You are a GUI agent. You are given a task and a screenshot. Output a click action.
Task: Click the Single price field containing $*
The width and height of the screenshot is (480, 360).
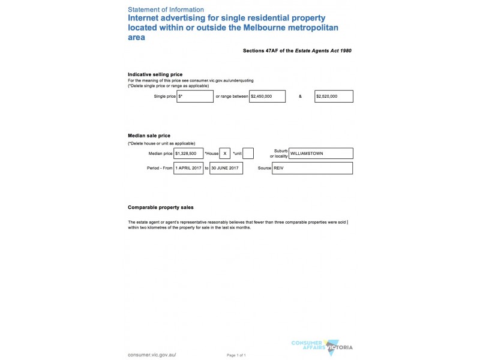pos(195,96)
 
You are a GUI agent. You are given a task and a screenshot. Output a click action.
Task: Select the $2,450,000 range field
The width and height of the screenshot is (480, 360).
pos(267,96)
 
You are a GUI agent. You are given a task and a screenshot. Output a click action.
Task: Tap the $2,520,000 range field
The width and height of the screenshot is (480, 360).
pos(334,96)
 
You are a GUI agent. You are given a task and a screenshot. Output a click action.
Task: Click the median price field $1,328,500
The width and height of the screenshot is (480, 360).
pos(188,154)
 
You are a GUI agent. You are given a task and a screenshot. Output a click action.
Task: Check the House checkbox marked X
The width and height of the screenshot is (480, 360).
pos(225,154)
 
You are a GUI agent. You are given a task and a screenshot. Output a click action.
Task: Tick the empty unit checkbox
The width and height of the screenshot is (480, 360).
pos(248,154)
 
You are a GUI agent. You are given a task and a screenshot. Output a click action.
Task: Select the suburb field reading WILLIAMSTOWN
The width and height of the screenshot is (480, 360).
pos(320,154)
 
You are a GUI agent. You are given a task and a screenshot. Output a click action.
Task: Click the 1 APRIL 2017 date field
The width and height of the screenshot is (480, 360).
pos(188,168)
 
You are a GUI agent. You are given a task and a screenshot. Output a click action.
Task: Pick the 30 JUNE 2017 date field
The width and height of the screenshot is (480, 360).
pos(226,168)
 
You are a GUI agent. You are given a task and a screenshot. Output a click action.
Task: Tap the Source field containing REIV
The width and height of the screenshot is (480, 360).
pos(312,168)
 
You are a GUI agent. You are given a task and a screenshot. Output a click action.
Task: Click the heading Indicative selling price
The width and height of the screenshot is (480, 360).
pos(155,74)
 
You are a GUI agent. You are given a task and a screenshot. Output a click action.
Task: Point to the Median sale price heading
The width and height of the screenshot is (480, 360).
pos(149,136)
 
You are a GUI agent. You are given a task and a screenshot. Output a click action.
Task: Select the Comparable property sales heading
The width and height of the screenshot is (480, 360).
pos(161,208)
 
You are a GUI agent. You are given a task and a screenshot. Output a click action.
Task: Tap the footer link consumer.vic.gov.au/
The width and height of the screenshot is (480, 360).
pos(152,355)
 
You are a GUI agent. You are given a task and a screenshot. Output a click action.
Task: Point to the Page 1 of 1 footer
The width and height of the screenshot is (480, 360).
pos(236,355)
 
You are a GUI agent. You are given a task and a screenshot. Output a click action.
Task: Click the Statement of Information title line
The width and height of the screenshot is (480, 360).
pos(166,10)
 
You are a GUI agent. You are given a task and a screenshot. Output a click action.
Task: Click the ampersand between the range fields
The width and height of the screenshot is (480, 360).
pos(300,96)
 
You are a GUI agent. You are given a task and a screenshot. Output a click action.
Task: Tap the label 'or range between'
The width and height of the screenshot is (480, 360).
pos(232,96)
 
